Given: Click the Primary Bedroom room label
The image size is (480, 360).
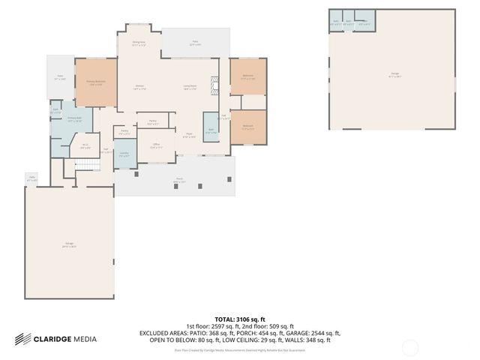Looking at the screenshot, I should point(94,82).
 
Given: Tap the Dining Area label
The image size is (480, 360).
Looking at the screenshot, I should point(139,43).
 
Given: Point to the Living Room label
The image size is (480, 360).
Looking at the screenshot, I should point(190,87).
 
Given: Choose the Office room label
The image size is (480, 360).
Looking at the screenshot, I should point(156,145).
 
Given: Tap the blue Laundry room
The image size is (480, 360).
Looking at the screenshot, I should point(124,155).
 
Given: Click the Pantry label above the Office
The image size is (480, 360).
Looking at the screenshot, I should point(152,122).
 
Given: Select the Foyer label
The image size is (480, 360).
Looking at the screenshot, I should point(190,136).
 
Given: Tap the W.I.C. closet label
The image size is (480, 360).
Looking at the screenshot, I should point(85,146).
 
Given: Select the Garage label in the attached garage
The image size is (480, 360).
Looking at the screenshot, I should point(69,246).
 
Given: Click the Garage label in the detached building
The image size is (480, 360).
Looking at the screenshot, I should point(394,73).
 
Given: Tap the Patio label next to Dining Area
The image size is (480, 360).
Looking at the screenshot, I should point(193,44).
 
